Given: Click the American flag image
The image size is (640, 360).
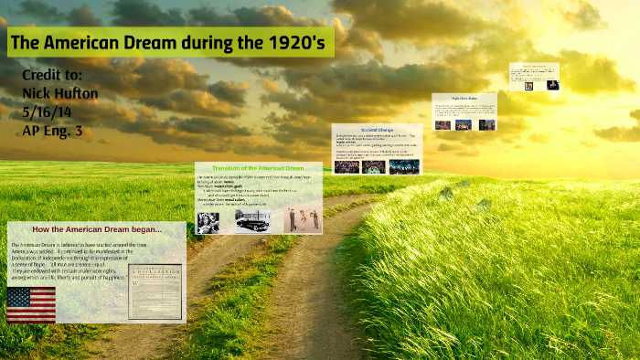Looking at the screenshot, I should pyautogui.click(x=31, y=304).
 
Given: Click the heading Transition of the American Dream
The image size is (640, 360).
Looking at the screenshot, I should pyautogui.click(x=258, y=169).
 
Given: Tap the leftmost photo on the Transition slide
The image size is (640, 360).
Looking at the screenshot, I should pyautogui.click(x=208, y=222).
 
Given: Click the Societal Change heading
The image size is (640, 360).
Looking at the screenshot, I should pyautogui.click(x=377, y=129).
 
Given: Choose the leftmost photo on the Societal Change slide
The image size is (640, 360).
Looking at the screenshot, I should pyautogui.click(x=347, y=166).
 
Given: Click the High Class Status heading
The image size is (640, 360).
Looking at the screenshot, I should pyautogui.click(x=464, y=97).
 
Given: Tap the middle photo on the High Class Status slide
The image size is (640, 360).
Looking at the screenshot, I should pyautogui.click(x=464, y=124).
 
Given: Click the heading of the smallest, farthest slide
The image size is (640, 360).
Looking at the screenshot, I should pyautogui.click(x=534, y=65).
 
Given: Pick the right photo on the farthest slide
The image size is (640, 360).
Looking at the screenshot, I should pyautogui.click(x=552, y=85).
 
